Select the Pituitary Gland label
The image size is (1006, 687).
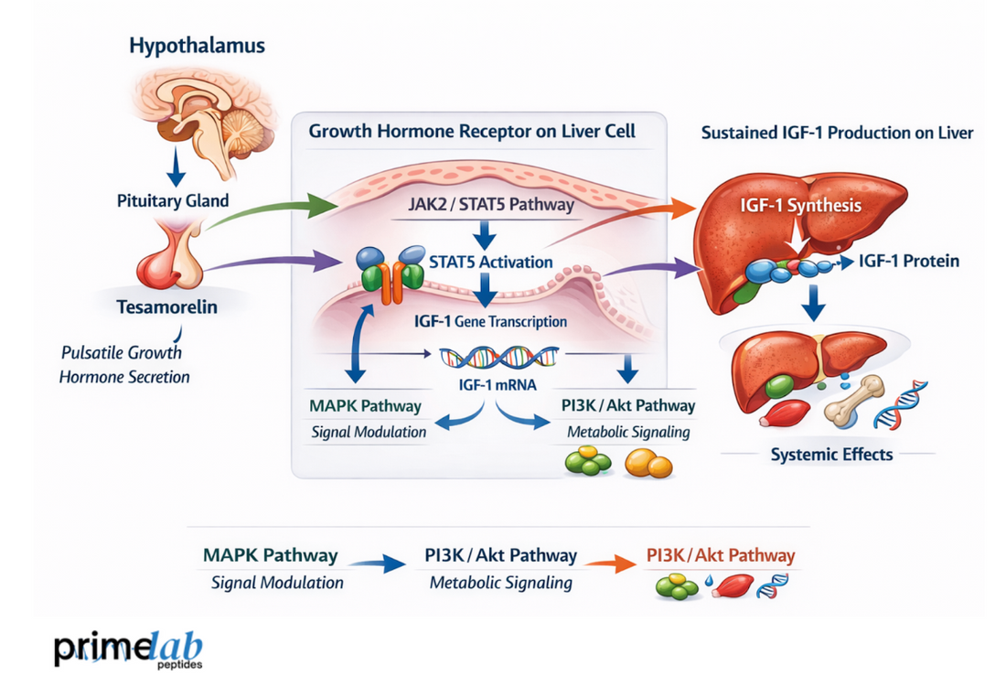click(173, 199)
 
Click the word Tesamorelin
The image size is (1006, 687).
click(167, 307)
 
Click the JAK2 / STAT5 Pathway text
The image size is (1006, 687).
click(492, 204)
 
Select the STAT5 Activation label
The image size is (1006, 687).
click(491, 262)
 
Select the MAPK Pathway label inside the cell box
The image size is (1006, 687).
click(366, 405)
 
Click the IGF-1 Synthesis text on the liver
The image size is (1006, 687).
click(800, 206)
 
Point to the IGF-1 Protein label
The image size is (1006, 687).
click(909, 262)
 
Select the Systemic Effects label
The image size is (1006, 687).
click(831, 454)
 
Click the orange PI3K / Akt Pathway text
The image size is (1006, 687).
click(721, 555)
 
